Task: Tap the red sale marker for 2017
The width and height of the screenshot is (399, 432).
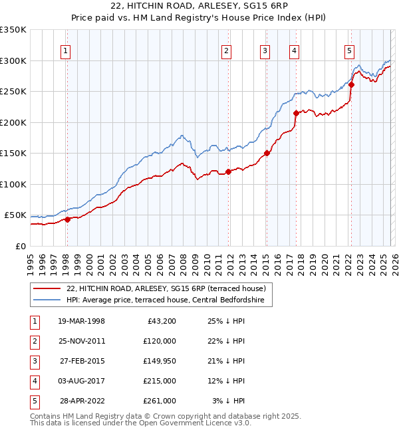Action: tap(295, 113)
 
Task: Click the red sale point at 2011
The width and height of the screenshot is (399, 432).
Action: tap(228, 171)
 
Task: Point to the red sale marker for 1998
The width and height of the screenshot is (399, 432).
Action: tap(67, 219)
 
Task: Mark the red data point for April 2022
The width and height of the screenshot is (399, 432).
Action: tap(351, 84)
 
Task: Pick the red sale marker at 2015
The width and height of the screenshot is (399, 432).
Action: tap(267, 153)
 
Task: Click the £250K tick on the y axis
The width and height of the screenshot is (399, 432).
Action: tap(13, 92)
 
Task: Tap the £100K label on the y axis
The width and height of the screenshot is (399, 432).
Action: tap(13, 184)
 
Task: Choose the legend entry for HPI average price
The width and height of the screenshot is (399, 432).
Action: tap(166, 300)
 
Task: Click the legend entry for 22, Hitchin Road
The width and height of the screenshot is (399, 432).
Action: tap(166, 288)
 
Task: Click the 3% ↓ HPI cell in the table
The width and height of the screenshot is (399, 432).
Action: tap(229, 401)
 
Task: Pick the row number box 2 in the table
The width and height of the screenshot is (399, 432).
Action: tap(34, 341)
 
